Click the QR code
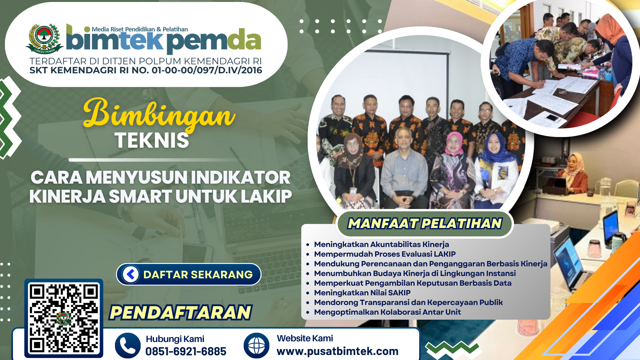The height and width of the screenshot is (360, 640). pyautogui.click(x=64, y=318)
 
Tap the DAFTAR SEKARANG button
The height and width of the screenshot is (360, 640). pyautogui.click(x=189, y=274)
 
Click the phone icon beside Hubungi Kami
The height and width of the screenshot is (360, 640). pyautogui.click(x=128, y=346)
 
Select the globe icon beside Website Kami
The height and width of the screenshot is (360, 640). pyautogui.click(x=256, y=346)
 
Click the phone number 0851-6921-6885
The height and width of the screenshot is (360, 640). pyautogui.click(x=186, y=351)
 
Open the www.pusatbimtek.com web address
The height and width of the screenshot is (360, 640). pyautogui.click(x=337, y=351)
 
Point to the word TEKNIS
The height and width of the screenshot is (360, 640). pyautogui.click(x=152, y=140)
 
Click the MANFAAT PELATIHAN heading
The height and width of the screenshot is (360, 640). pyautogui.click(x=425, y=223)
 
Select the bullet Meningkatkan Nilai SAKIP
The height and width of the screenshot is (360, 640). pyautogui.click(x=362, y=293)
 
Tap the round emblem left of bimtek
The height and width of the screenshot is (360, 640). pyautogui.click(x=45, y=38)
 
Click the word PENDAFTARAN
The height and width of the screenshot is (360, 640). pyautogui.click(x=180, y=312)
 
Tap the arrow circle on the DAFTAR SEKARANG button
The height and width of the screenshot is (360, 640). pyautogui.click(x=131, y=274)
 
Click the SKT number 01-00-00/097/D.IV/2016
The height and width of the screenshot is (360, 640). pyautogui.click(x=207, y=70)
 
